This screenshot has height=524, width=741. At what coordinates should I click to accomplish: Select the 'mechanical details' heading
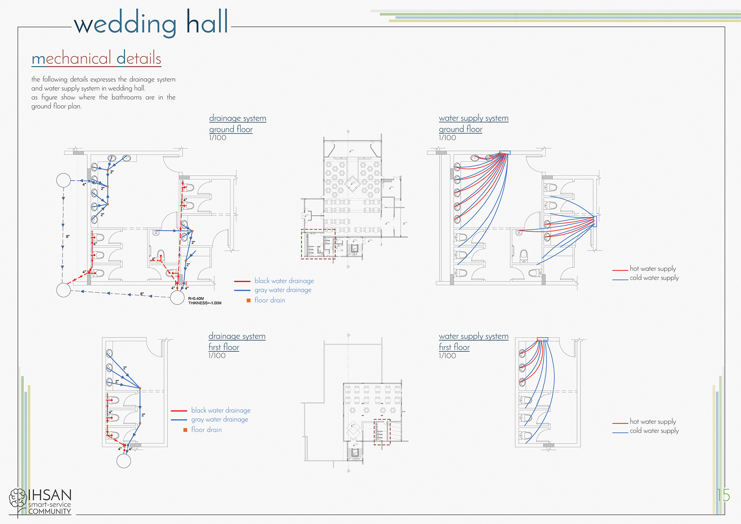[x=96, y=59]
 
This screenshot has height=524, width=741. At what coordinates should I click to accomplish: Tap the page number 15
[x=724, y=495]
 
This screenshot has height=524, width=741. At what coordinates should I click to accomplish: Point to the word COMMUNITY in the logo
[x=49, y=512]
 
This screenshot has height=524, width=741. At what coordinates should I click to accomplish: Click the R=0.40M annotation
[x=196, y=298]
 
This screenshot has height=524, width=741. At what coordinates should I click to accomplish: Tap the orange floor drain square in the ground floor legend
[x=249, y=300]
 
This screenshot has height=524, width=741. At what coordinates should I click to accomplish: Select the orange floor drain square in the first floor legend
[x=185, y=430]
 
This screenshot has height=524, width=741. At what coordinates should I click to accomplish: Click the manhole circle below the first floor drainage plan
[x=123, y=461]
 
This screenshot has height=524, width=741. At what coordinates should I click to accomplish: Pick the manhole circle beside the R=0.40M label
[x=177, y=298]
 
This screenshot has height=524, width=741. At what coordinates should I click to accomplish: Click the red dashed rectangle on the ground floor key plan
[x=318, y=244]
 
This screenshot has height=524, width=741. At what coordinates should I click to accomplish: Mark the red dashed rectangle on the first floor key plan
[x=382, y=432]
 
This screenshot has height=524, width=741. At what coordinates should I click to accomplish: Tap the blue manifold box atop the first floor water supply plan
[x=542, y=339]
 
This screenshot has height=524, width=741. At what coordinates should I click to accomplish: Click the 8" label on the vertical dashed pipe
[x=68, y=236]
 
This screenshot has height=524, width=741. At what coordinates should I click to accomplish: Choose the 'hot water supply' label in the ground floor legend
[x=653, y=268]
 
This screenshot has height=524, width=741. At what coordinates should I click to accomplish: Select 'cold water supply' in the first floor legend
[x=654, y=431]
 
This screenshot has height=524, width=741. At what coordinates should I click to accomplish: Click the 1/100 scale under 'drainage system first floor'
[x=217, y=356]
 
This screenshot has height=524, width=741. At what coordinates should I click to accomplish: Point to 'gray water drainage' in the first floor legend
[x=220, y=419]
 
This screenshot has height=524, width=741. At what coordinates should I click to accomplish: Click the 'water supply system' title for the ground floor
[x=474, y=118]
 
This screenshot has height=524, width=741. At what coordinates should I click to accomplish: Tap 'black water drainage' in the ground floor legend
[x=284, y=281]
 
